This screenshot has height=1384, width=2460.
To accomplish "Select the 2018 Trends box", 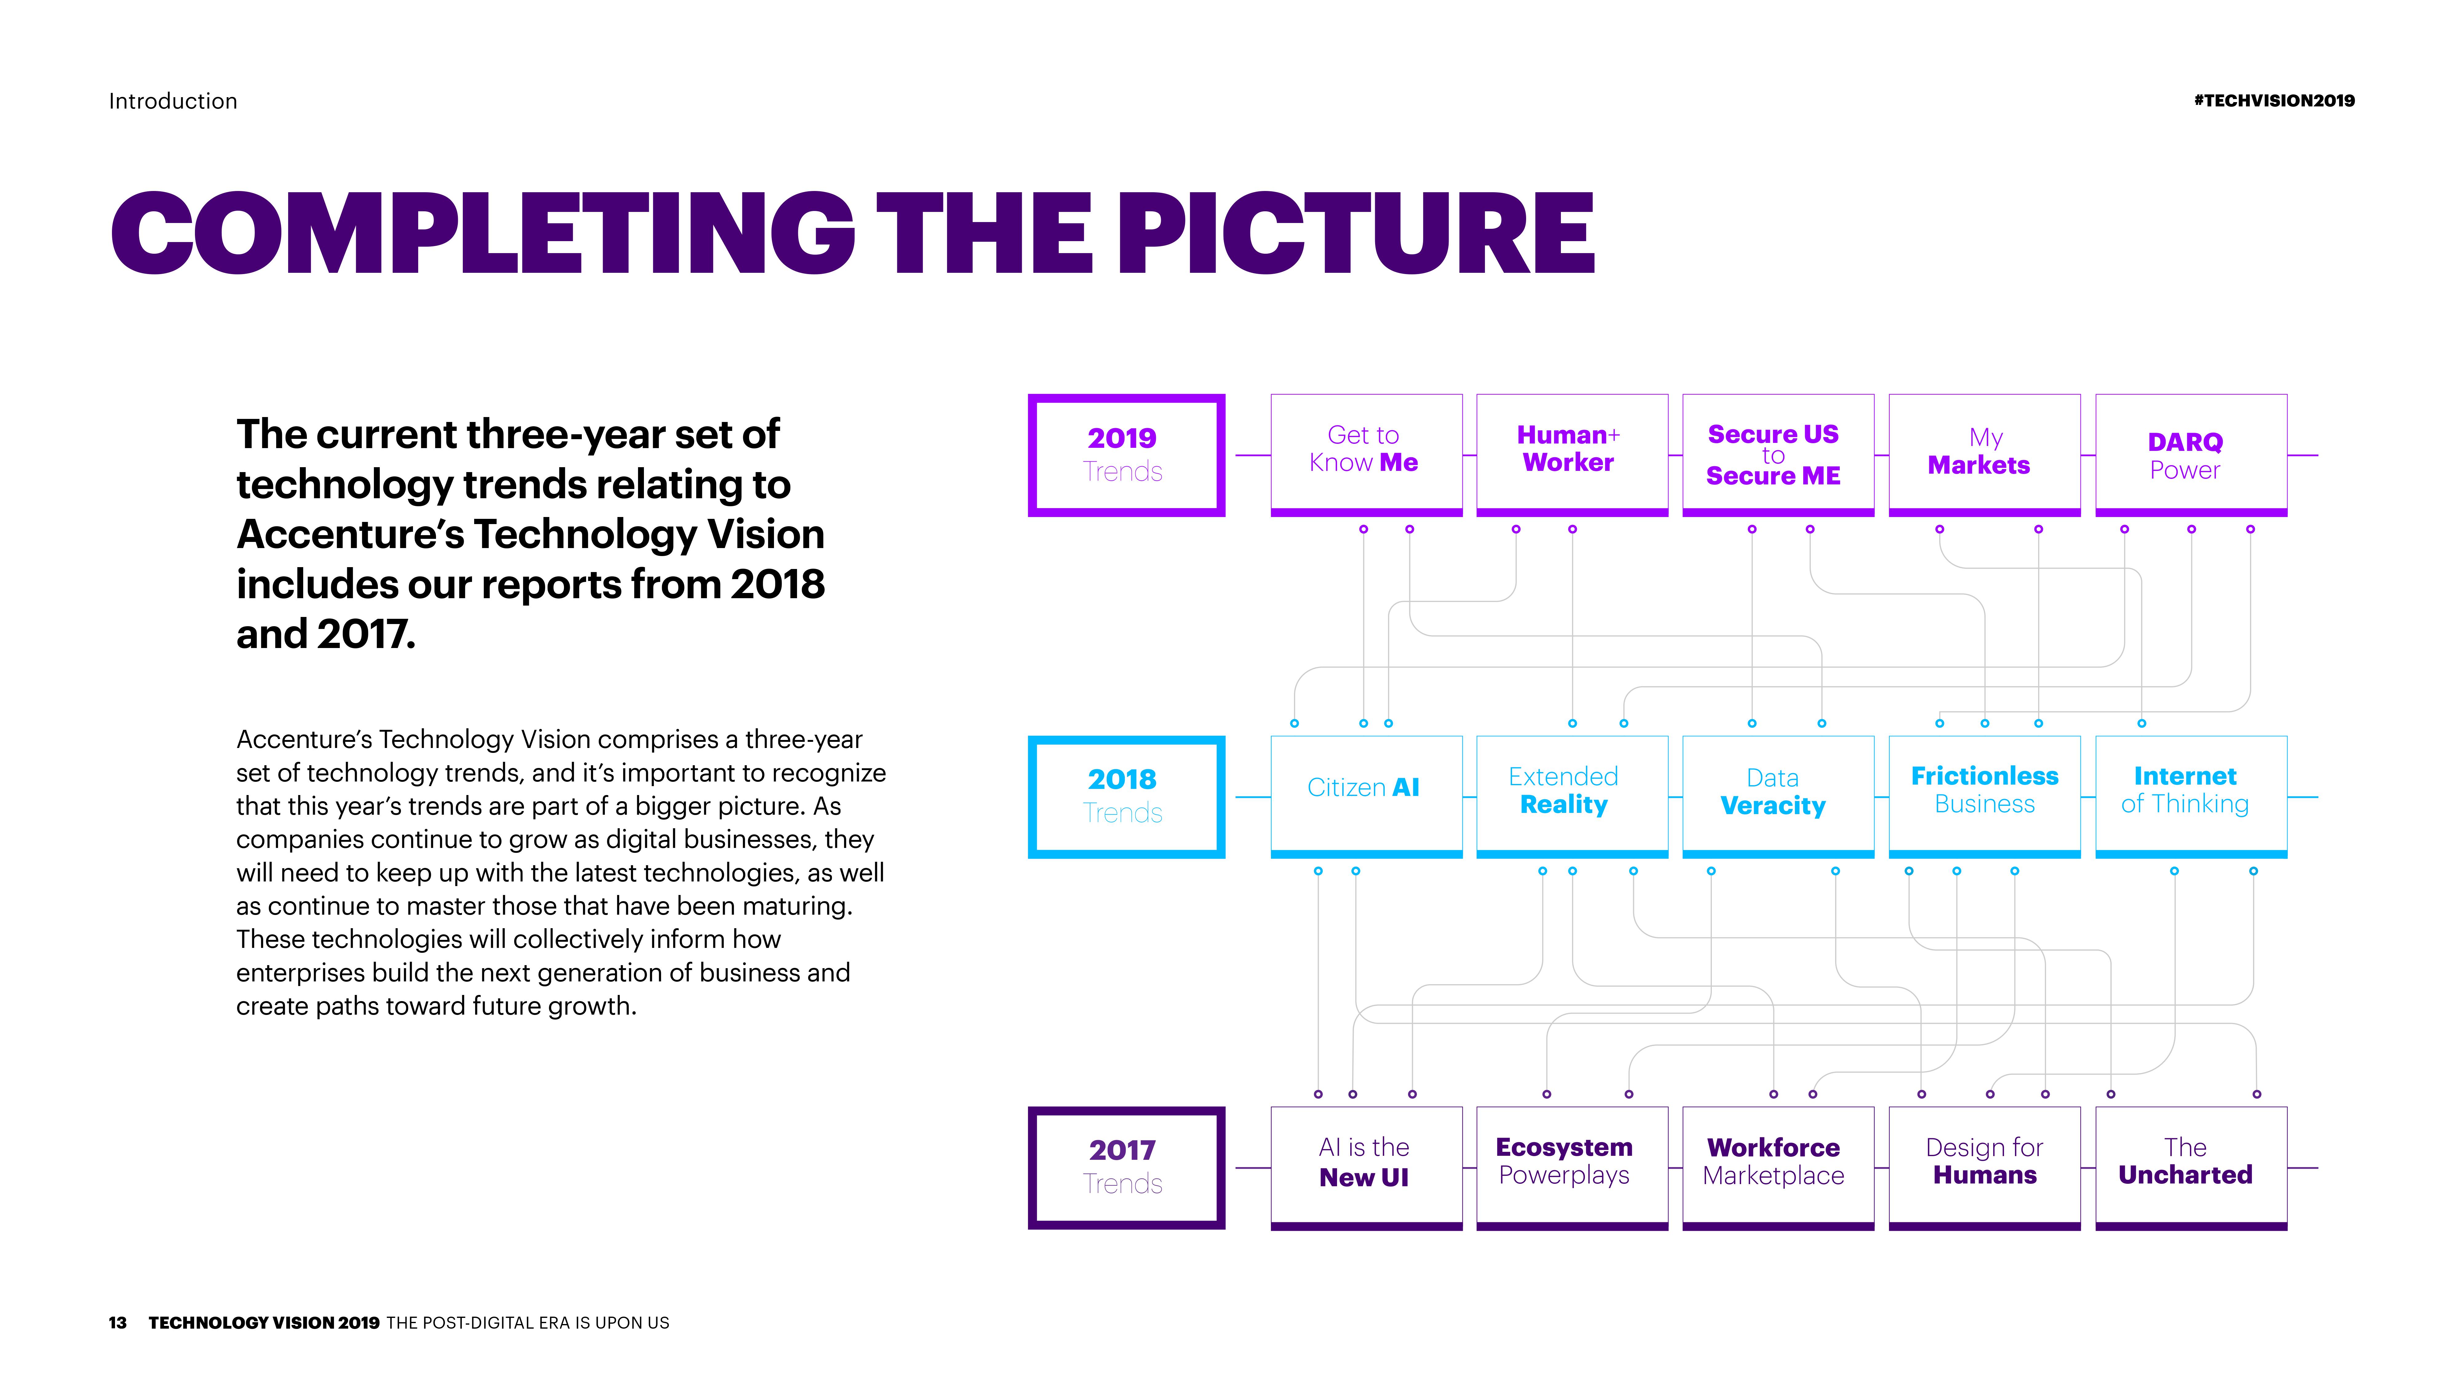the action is tap(1126, 797).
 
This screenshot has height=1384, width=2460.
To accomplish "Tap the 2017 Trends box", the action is tap(1126, 1167).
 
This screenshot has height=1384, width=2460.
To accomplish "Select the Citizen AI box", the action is tap(1366, 797).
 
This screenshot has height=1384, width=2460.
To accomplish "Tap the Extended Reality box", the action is tap(1572, 797).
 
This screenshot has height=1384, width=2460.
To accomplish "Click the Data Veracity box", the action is tap(1778, 797).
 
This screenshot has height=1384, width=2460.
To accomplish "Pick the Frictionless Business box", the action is tap(1984, 797).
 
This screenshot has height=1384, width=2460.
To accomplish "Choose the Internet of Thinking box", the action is tap(2191, 797).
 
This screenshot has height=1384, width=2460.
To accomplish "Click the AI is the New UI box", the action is tap(1366, 1167).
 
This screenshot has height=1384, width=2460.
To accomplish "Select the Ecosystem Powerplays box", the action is tap(1572, 1167).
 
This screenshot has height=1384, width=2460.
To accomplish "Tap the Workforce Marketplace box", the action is tap(1778, 1167).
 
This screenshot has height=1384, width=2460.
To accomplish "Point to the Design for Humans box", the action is tap(1984, 1167).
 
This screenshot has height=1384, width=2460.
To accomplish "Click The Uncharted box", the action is tap(2191, 1167).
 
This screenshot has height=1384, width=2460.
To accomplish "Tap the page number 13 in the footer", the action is tap(117, 1323).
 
